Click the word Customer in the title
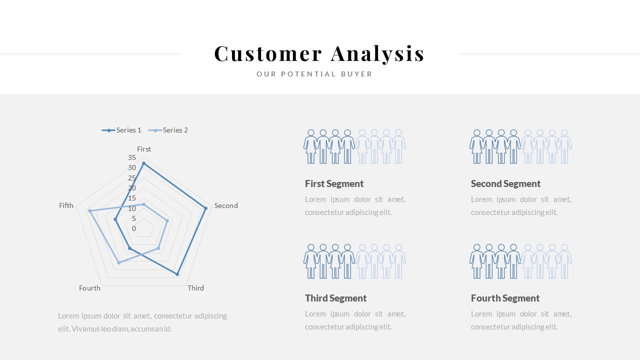268,53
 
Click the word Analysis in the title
377,53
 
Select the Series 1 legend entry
122,130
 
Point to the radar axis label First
144,149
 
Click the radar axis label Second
226,205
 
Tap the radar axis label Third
195,288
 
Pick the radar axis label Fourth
90,288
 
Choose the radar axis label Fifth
66,205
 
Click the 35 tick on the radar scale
132,157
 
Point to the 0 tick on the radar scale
134,228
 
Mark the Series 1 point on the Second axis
205,208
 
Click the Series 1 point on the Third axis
177,274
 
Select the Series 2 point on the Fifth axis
89,211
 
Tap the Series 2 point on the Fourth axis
118,262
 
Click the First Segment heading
334,183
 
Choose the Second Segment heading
505,183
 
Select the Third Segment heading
335,298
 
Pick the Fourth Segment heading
505,298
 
